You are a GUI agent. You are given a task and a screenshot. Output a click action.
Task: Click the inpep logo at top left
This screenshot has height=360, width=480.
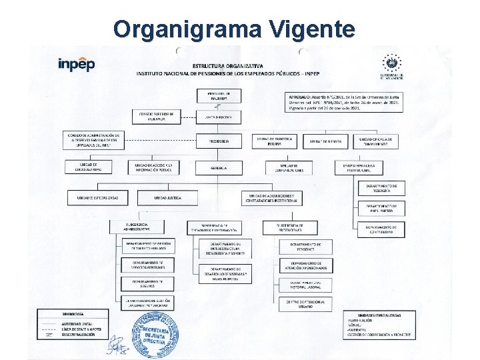tap(77, 64)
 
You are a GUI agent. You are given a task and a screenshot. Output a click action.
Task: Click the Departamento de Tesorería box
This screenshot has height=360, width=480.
tap(382, 188)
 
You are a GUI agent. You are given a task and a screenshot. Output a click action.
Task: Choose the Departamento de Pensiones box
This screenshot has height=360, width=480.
tap(305, 246)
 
